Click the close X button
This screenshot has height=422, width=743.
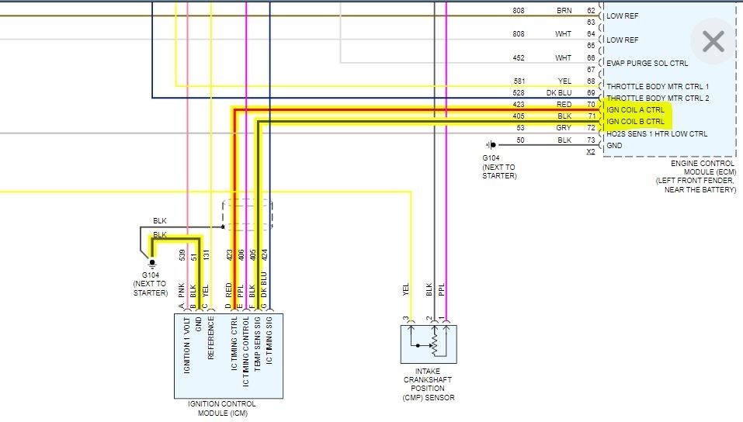[x=713, y=41]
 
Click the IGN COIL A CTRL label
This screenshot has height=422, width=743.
[x=635, y=110]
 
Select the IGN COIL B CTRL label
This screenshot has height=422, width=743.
[x=635, y=122]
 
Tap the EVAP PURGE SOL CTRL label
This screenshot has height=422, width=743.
[x=647, y=64]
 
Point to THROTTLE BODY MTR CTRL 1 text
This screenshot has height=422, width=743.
[x=658, y=86]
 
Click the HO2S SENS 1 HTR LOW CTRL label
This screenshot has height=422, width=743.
[x=657, y=134]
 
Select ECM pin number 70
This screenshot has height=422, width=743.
[x=590, y=103]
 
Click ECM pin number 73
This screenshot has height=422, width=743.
[x=590, y=140]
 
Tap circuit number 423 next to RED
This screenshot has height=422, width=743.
[x=519, y=103]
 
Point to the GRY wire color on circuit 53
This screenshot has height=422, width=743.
[x=564, y=127]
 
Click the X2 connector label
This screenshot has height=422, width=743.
[x=592, y=152]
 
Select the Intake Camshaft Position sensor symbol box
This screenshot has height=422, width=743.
[x=429, y=344]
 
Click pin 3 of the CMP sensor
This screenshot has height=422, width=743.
[x=406, y=319]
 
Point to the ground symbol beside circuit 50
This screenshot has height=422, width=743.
[x=491, y=145]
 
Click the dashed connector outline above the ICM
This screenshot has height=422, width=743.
[x=247, y=213]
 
